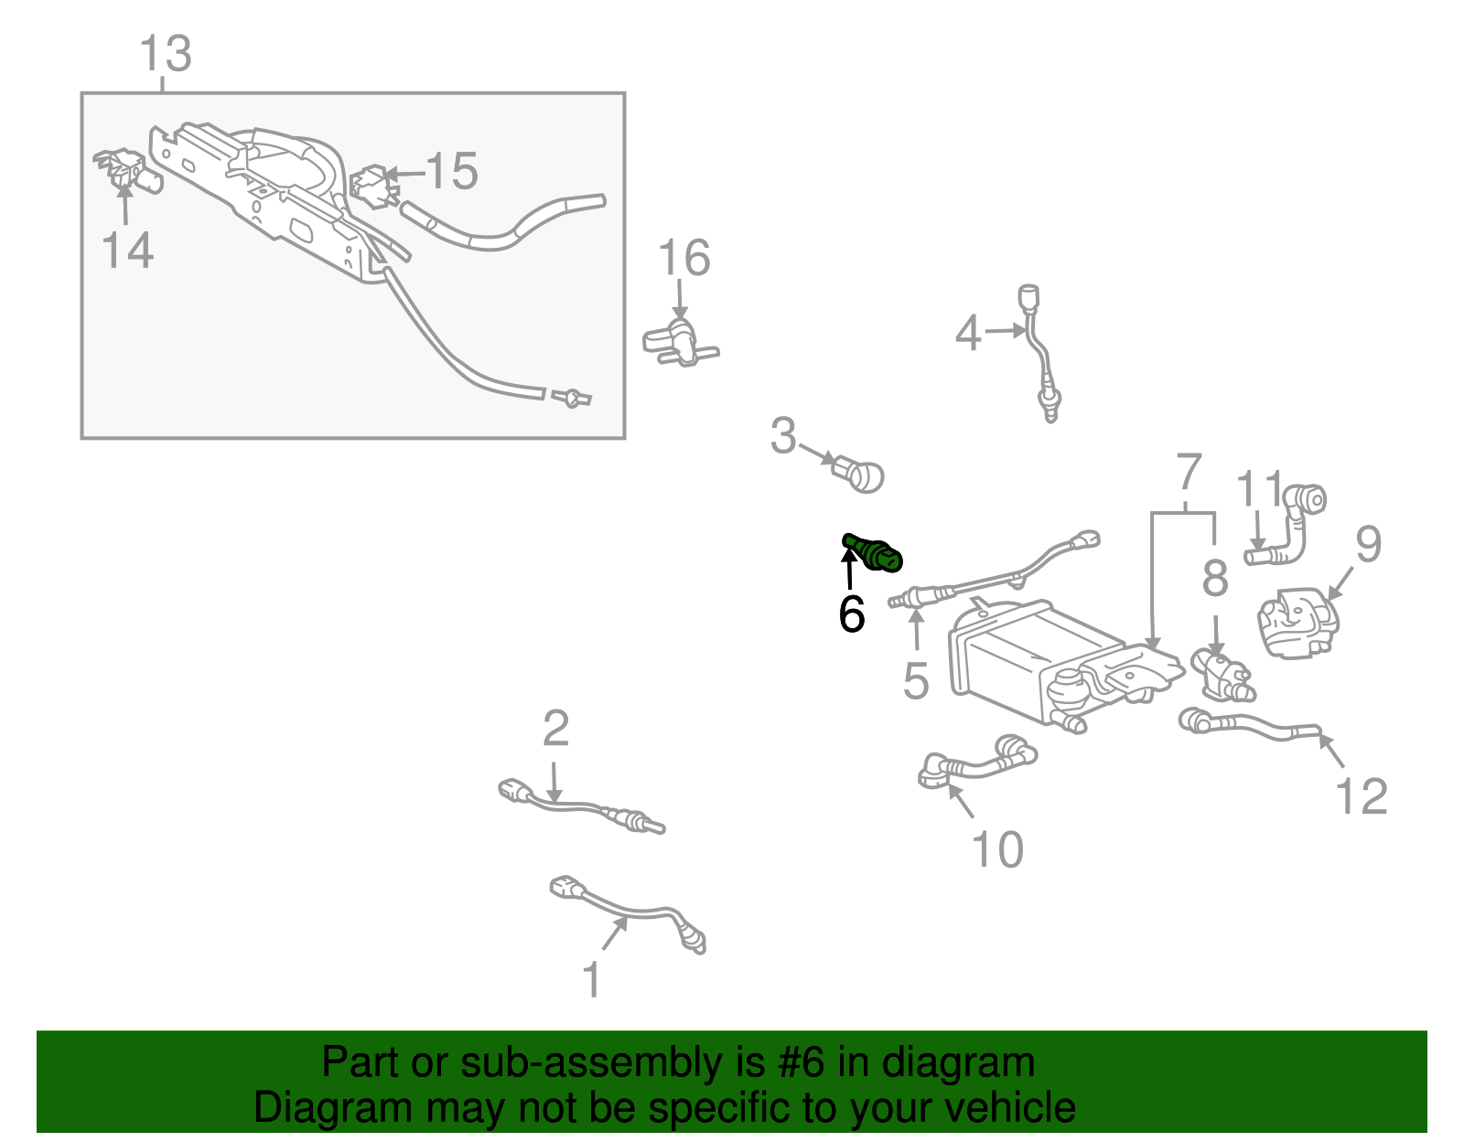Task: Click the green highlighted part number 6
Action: [x=876, y=553]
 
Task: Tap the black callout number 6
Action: [x=851, y=614]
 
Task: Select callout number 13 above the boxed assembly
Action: [x=166, y=54]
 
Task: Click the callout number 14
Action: [x=127, y=250]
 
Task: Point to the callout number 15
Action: [x=452, y=171]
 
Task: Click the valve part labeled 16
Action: [x=679, y=341]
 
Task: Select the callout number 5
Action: [x=916, y=680]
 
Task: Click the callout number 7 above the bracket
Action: [x=1187, y=473]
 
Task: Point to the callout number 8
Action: [x=1215, y=578]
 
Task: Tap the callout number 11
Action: [x=1260, y=490]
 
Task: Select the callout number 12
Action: [x=1362, y=795]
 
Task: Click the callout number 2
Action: [x=555, y=729]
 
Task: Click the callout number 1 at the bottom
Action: [x=592, y=980]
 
